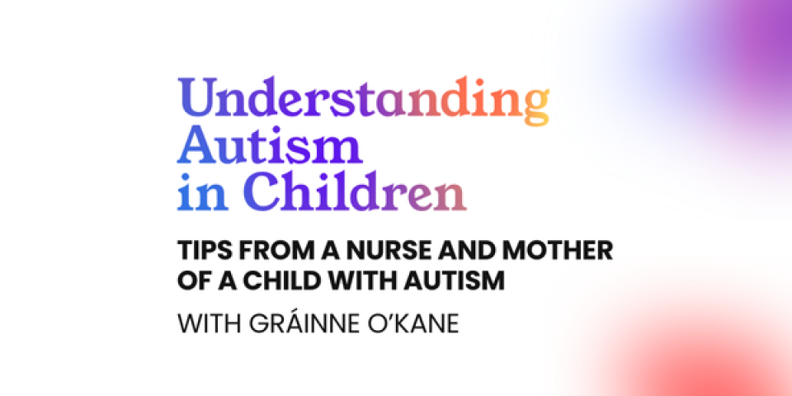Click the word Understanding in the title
point(363,101)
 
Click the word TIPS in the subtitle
point(199,251)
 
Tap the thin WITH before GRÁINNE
point(209,324)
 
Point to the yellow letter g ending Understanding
point(535,106)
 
